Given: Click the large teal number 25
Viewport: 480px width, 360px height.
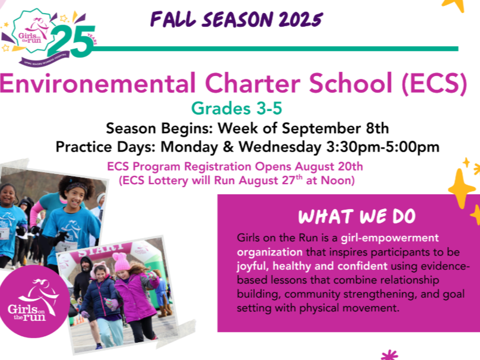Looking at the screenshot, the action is pos(71,41).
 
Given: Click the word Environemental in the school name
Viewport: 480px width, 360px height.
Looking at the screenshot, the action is pos(97,83).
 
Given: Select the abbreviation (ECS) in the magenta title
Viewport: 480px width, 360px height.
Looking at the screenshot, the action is pos(434,83).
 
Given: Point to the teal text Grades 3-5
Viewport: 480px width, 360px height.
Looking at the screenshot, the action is pos(236,108).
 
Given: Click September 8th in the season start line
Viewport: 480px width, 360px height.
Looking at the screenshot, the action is pos(335,128).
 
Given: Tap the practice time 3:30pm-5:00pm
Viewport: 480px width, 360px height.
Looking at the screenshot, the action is pos(383,147).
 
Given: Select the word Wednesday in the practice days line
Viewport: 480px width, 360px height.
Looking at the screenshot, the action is pos(280,147).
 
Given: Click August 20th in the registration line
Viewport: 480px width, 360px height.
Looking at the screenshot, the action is pos(329,167).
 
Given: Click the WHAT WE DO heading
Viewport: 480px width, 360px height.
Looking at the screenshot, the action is pos(357,217).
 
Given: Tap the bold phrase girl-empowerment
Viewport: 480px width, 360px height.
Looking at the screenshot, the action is pos(390,238).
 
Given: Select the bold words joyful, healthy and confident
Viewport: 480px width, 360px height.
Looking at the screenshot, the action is pos(312,266).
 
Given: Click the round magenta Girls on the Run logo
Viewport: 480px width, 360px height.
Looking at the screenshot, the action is pos(34,302).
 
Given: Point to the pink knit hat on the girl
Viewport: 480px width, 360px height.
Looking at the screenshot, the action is pos(121,262).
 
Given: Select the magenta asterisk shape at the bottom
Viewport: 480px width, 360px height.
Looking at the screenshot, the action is pos(389,355).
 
